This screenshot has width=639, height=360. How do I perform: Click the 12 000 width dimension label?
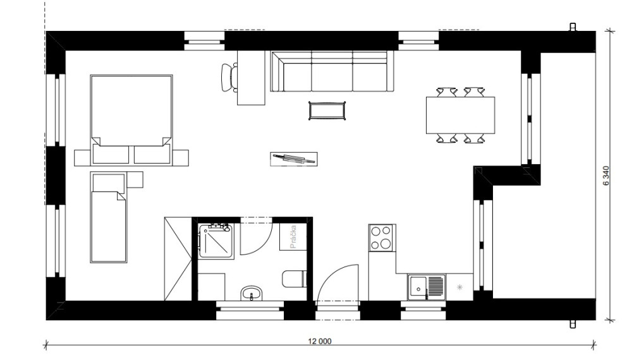point(320,341)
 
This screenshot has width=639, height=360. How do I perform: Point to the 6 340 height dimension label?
point(606,176)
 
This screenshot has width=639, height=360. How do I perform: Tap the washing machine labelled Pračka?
point(293,237)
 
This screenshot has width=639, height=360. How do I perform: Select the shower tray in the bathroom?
point(216,241)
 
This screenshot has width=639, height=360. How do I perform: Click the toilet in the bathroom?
point(294,279)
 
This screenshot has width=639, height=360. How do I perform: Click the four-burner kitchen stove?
point(380,238)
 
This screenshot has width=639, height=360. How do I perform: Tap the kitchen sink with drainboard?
point(427,287)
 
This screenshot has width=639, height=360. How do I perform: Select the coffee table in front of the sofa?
point(327,111)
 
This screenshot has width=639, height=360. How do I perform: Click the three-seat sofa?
point(332,71)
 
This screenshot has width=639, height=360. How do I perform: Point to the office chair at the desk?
point(229,78)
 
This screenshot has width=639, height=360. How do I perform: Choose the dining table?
point(461,115)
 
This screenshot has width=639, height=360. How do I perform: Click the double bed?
point(131,120)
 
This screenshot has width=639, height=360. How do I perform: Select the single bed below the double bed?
point(109,217)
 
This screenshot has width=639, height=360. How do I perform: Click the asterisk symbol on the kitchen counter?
point(459,287)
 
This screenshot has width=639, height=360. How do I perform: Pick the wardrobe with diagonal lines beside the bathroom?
point(178,259)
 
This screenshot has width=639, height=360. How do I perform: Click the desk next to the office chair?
point(252,78)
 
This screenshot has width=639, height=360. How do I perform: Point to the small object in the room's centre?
point(294,159)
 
